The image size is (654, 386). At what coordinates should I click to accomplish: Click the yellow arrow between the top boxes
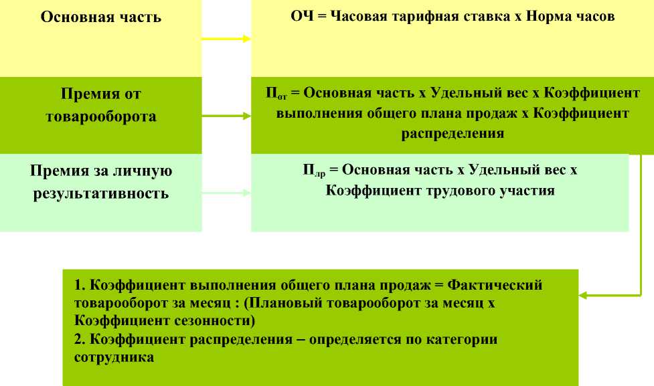226,39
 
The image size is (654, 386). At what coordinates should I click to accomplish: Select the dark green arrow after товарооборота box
226,116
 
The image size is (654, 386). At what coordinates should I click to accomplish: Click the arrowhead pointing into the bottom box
583,294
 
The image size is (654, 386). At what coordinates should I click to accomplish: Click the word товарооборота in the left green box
101,116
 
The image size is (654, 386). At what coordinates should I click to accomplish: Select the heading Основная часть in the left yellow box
101,17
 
